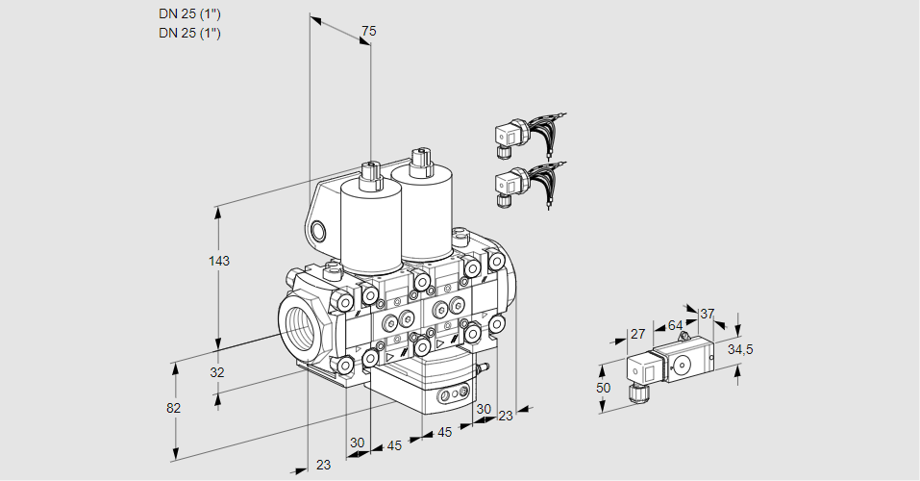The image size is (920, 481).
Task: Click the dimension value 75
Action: (368, 32)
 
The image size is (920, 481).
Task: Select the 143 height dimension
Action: (221, 261)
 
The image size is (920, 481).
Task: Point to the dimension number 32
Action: (216, 372)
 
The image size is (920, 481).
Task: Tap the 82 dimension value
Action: (173, 407)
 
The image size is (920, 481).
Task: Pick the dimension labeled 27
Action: (636, 334)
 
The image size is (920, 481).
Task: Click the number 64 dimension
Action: (676, 325)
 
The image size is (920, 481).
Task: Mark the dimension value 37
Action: (707, 314)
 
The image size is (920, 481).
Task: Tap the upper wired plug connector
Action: (509, 137)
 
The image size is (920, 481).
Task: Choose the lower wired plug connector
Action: (509, 185)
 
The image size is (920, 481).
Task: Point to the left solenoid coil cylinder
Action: (371, 226)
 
